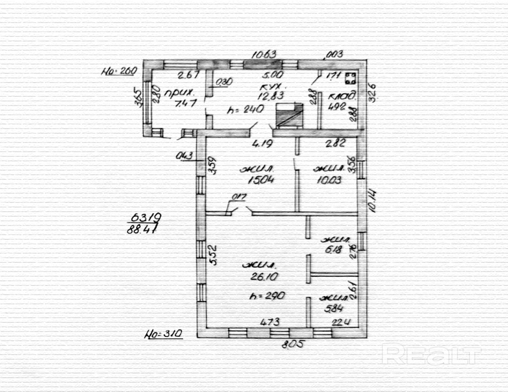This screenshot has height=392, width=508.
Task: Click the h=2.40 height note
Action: click(246, 110)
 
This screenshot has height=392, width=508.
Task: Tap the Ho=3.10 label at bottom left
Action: click(162, 333)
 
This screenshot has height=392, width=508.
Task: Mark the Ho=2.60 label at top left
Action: click(118, 71)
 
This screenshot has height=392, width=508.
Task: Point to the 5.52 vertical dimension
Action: click(213, 255)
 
